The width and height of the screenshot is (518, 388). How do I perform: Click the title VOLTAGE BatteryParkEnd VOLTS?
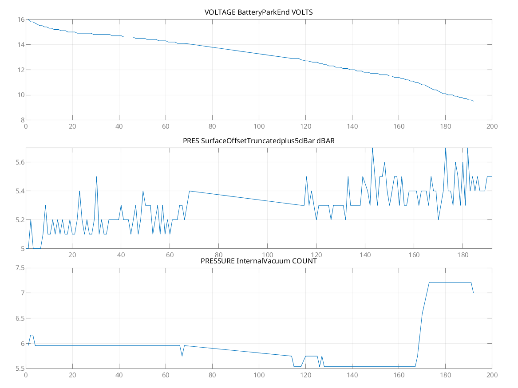(259, 12)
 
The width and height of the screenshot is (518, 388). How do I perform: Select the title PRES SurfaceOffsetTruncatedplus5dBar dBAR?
(259, 141)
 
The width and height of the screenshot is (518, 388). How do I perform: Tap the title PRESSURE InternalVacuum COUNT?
(259, 261)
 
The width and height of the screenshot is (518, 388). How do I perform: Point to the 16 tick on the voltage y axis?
(20, 20)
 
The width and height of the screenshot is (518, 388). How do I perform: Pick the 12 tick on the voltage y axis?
(20, 70)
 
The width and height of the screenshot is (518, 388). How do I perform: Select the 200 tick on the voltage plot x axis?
(492, 126)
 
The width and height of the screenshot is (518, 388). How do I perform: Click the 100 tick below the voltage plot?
(259, 126)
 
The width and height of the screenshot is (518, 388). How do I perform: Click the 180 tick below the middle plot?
(463, 255)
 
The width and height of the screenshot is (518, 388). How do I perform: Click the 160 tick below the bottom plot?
(399, 375)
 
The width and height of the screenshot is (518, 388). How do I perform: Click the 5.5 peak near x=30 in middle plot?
(97, 176)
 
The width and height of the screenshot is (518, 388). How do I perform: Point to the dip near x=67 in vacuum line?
(182, 356)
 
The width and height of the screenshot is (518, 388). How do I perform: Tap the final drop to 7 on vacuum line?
(473, 293)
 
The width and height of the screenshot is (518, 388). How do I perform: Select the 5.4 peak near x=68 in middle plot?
(190, 191)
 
